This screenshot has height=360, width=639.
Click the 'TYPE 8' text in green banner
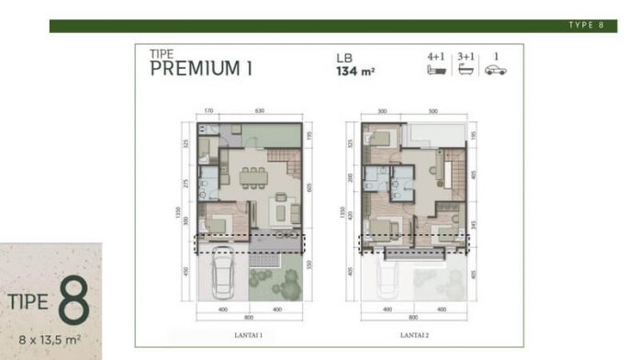pos(585,26)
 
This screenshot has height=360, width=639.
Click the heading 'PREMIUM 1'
pos(201,68)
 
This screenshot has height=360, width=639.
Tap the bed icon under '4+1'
pos(436,70)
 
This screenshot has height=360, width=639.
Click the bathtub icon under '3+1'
pos(466,70)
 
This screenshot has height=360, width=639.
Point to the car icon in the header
pos(496,70)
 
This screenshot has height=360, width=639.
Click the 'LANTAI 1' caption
pos(249,335)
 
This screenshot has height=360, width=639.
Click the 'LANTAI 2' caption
pos(414,335)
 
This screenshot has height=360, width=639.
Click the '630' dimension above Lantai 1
pos(260,111)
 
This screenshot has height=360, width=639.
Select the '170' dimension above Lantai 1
pos(208,111)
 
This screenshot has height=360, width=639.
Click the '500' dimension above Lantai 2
pos(432,111)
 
